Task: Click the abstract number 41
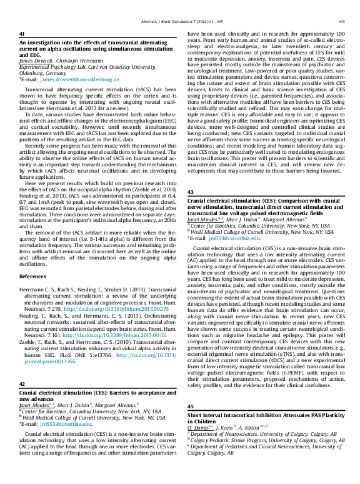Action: click(x=22, y=34)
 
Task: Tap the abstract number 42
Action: click(x=22, y=384)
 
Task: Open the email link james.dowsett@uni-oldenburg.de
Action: click(x=79, y=80)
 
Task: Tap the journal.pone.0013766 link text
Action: click(x=46, y=361)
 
